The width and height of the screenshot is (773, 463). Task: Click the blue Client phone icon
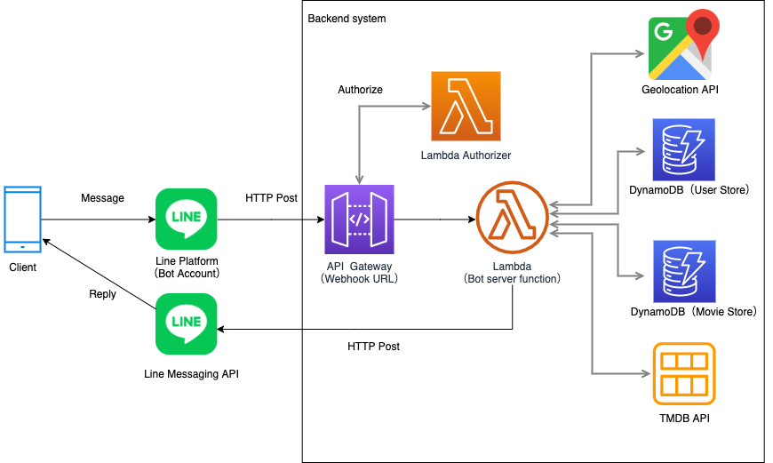[x=23, y=220]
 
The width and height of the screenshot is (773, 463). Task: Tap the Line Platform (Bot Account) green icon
[x=187, y=219]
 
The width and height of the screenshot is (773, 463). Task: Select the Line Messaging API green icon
[x=187, y=324]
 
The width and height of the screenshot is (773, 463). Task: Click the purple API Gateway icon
[x=359, y=220]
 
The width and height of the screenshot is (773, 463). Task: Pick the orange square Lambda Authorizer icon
[x=466, y=106]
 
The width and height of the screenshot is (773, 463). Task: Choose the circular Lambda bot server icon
[x=512, y=218]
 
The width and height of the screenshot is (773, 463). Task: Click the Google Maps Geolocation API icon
[x=684, y=44]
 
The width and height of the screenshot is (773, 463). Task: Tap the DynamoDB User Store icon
[x=684, y=149]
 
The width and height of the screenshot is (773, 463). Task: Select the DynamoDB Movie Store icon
[x=684, y=271]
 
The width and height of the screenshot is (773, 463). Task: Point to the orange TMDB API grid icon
[x=684, y=374]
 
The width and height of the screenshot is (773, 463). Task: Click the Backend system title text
[x=347, y=19]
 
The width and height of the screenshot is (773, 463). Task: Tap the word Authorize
[x=361, y=89]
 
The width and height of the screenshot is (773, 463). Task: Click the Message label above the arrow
[x=102, y=197]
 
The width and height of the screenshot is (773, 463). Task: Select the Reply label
[x=102, y=294]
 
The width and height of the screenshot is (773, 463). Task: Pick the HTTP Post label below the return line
[x=374, y=347]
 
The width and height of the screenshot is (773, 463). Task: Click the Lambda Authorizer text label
[x=466, y=156]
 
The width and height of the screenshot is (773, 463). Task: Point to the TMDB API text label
[x=685, y=419]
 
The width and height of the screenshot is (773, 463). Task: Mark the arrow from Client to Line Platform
[x=99, y=220]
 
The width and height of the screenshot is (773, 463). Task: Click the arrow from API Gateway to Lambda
[x=434, y=220]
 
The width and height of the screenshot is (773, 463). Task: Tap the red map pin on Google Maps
[x=703, y=29]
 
